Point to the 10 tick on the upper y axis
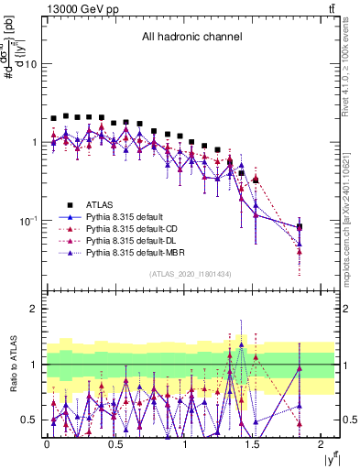(30, 64)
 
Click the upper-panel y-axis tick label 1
(34, 143)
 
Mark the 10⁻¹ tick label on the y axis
(27, 221)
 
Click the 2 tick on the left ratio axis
(34, 310)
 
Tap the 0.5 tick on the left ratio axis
(28, 420)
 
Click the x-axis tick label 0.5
(115, 444)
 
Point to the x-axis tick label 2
(322, 444)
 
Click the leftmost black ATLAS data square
(53, 118)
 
